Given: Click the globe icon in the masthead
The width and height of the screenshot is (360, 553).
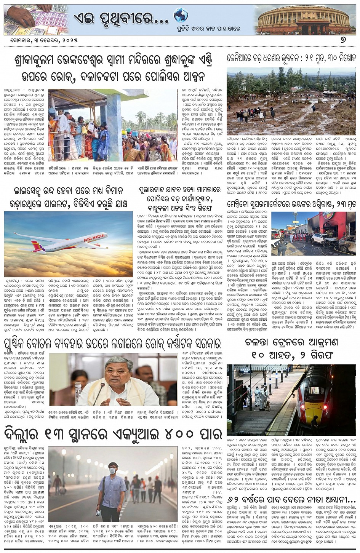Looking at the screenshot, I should pos(181,16).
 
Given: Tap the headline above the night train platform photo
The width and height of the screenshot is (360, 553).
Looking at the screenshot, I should pos(292,348).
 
